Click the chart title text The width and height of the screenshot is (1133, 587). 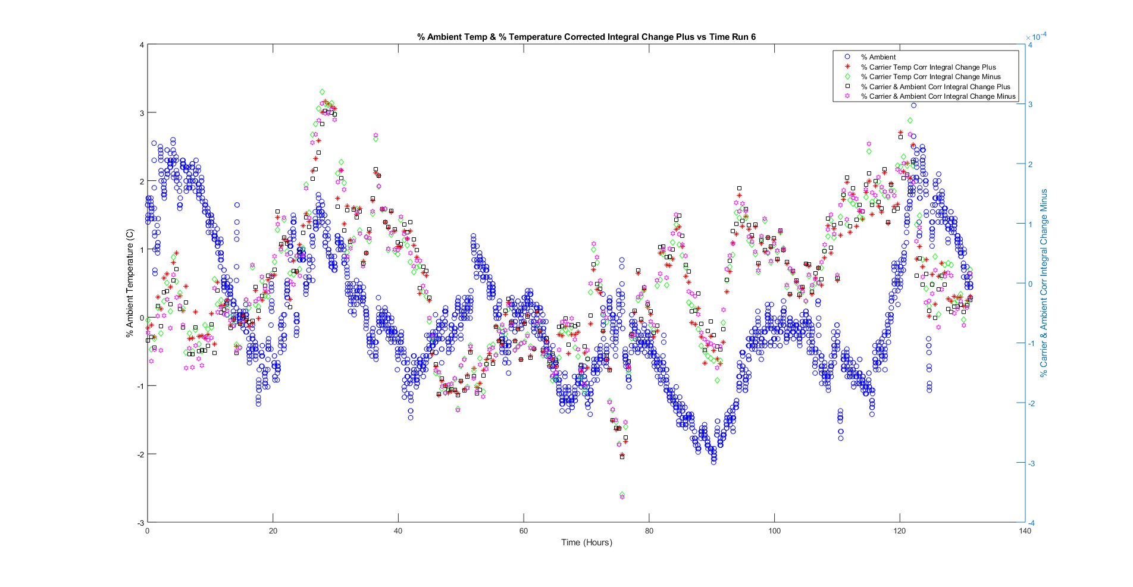[586, 37]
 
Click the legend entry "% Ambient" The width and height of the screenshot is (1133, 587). [878, 57]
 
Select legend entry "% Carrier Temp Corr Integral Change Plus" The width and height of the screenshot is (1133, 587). [928, 67]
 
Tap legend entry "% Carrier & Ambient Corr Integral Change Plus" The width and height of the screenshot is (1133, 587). [935, 87]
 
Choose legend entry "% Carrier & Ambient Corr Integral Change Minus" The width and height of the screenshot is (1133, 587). [938, 96]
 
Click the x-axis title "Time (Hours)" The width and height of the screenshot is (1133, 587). [586, 542]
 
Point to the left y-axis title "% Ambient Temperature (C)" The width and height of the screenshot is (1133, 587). [130, 284]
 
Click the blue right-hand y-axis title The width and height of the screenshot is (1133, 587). [1044, 283]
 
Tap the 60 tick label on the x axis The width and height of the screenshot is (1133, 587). [524, 531]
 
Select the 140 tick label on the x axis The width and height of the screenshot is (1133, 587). [1025, 531]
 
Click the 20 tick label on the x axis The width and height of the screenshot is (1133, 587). [273, 531]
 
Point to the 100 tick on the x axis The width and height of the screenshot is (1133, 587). [774, 531]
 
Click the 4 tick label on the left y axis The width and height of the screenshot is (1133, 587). [142, 45]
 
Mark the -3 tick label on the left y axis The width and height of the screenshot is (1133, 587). [140, 523]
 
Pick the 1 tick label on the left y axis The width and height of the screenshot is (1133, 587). [142, 250]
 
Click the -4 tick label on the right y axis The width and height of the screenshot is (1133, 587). [1031, 523]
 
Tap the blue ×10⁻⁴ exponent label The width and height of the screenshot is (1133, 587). [1037, 37]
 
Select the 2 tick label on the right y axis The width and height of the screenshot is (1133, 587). [1031, 165]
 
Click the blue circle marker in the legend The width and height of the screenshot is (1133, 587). [847, 57]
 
